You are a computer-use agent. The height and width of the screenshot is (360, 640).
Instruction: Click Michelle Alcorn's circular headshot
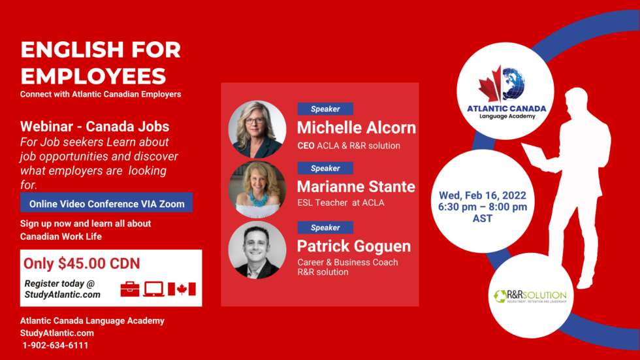click(257, 129)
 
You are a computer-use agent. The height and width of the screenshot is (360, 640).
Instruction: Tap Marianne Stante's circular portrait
click(257, 189)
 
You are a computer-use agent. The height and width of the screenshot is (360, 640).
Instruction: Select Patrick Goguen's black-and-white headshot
click(257, 250)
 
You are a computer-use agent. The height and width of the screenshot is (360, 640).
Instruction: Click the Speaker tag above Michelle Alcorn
click(325, 109)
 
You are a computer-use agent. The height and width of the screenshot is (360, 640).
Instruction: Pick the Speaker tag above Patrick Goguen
click(325, 227)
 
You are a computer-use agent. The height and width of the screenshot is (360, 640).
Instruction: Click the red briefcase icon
click(130, 289)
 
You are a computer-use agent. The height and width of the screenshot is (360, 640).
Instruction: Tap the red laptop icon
click(154, 289)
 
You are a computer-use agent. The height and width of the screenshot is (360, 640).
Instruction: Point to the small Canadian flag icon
click(182, 289)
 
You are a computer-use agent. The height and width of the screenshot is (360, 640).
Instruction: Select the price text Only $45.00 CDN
click(82, 264)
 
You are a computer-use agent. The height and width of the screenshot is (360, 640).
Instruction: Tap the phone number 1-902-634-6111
click(55, 346)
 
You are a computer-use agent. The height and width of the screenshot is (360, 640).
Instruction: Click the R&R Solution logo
click(530, 296)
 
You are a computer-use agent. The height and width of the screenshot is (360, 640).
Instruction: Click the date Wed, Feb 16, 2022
click(483, 195)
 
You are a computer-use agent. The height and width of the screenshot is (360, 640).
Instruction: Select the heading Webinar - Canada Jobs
click(95, 127)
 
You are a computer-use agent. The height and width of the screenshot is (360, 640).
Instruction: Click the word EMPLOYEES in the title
click(93, 76)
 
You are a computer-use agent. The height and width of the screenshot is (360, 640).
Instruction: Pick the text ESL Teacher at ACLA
click(341, 203)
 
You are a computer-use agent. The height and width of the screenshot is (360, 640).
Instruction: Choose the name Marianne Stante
click(356, 186)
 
